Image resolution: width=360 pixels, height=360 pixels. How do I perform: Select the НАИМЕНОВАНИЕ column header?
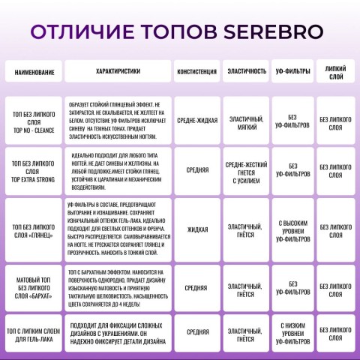[34, 72]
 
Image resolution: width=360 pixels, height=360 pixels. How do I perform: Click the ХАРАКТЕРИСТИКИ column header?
[118, 71]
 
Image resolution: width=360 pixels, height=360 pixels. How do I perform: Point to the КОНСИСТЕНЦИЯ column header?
[197, 72]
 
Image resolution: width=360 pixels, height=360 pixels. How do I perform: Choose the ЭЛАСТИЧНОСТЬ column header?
[245, 72]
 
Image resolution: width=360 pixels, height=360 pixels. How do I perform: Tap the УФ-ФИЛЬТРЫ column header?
[290, 72]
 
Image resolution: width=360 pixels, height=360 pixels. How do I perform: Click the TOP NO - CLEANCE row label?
[34, 119]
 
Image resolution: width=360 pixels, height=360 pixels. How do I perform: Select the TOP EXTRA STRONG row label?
[34, 170]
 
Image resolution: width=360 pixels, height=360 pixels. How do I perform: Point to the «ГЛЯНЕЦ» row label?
[34, 230]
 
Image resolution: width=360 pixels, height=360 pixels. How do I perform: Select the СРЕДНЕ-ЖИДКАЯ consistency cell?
[197, 119]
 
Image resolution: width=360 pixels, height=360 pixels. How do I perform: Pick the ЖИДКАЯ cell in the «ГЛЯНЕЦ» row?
[197, 230]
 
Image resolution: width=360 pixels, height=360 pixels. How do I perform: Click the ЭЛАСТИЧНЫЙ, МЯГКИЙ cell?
[245, 119]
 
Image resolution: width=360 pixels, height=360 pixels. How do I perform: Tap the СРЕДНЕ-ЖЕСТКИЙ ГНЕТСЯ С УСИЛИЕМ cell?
[245, 170]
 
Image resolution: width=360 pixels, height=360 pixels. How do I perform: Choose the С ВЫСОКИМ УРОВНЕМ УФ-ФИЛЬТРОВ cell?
[290, 230]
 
